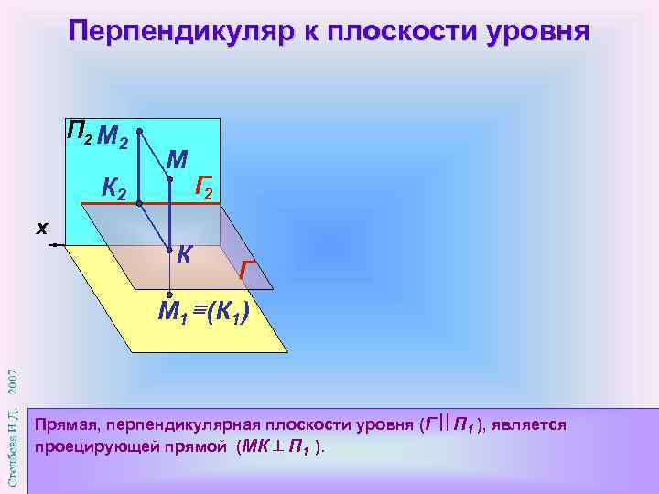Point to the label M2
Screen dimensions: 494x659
(112, 137)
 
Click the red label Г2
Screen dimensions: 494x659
(205, 190)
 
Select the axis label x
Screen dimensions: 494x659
(41, 228)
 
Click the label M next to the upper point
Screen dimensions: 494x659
(177, 161)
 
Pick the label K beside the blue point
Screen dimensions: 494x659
(183, 255)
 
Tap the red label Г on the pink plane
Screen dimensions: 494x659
(244, 270)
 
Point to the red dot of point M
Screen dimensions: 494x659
(169, 180)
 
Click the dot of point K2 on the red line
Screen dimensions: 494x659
(137, 204)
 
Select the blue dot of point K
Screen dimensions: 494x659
(169, 249)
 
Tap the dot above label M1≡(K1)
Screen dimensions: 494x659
(169, 295)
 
